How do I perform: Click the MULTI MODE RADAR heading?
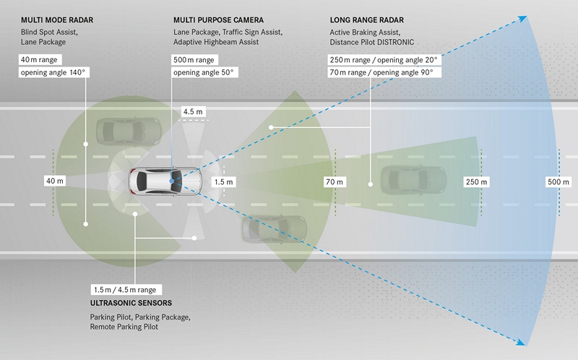(x=57, y=20)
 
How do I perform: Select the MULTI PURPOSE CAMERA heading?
(x=219, y=20)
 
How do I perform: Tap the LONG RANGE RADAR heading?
(x=367, y=20)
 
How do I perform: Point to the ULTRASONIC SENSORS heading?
(x=131, y=303)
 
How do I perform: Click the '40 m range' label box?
(x=40, y=60)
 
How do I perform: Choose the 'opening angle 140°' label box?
(x=53, y=72)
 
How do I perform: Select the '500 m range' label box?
(x=194, y=60)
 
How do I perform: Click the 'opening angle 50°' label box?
(x=204, y=72)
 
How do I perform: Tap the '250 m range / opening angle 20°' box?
(x=384, y=60)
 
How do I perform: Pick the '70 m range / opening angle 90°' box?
(x=384, y=72)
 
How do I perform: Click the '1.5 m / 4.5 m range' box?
(x=126, y=290)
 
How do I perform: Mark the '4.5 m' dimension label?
(x=193, y=111)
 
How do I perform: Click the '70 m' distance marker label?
(x=335, y=182)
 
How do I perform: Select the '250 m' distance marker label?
(x=476, y=182)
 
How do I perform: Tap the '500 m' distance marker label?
(x=558, y=182)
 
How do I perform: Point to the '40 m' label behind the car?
(x=55, y=181)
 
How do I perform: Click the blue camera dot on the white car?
(x=172, y=181)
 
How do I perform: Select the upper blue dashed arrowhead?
(x=522, y=19)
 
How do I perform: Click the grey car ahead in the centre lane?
(x=413, y=179)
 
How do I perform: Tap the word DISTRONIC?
(x=393, y=42)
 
